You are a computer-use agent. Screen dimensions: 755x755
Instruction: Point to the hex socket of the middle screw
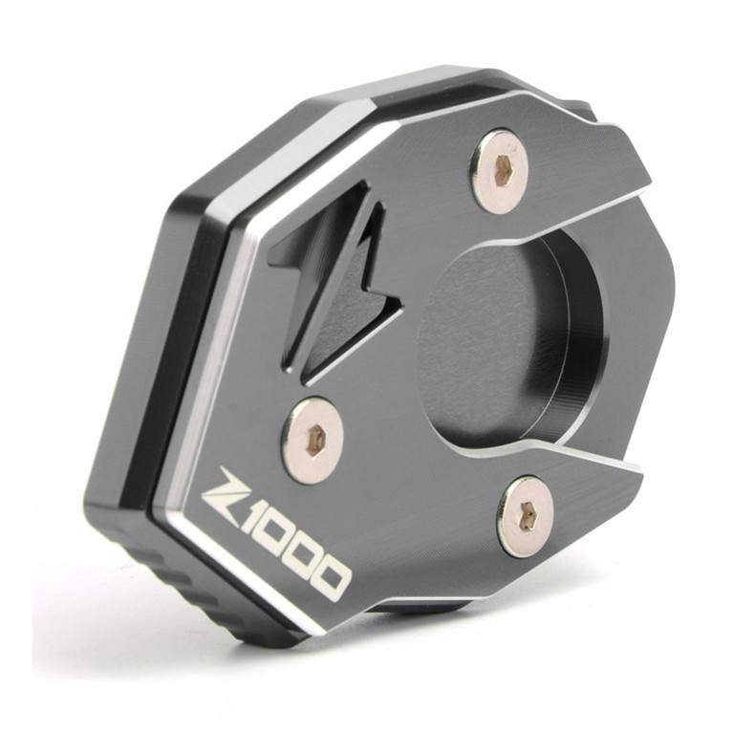[315, 438]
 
